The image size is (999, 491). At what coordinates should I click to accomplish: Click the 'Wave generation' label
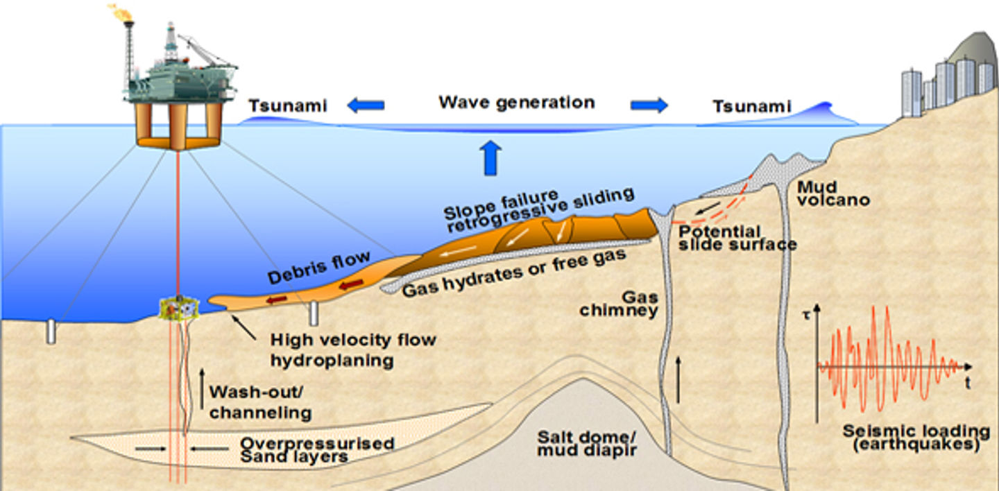coord(516,103)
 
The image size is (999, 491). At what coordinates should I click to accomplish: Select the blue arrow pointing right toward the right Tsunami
coord(649,105)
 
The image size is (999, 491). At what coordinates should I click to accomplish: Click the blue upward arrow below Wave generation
coord(490,156)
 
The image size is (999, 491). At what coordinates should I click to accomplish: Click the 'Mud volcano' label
coord(832,193)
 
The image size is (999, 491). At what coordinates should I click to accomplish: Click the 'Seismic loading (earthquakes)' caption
coord(911,438)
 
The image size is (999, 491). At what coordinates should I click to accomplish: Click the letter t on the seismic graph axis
coord(966,381)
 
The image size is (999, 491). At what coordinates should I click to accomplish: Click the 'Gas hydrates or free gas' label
coord(515,272)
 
